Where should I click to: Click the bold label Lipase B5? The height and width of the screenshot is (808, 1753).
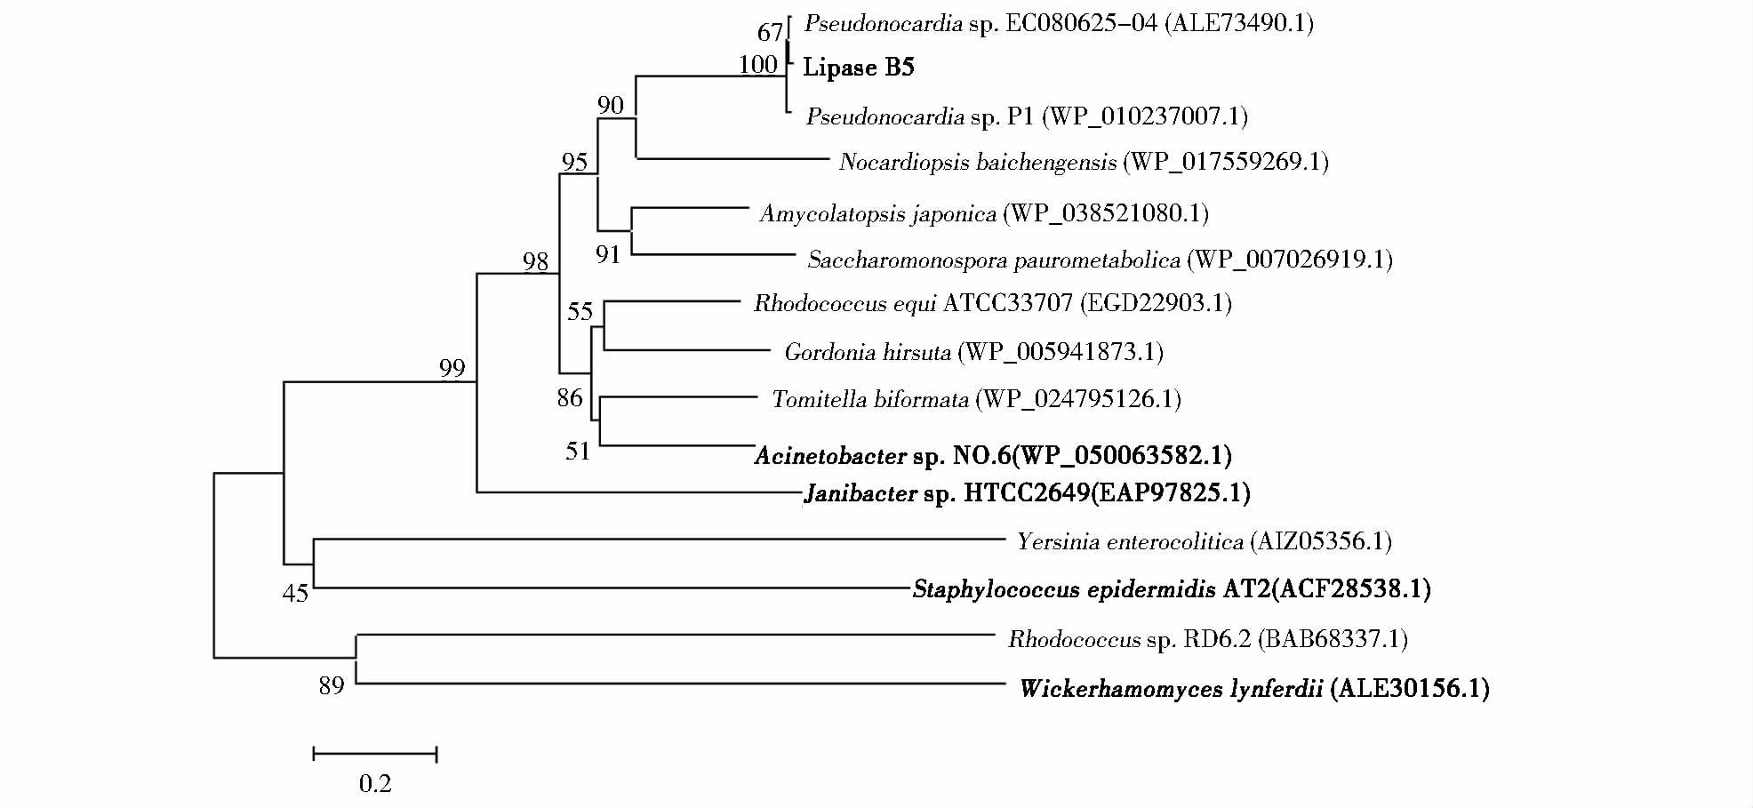click(x=858, y=68)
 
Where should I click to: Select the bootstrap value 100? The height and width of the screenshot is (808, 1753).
click(x=757, y=65)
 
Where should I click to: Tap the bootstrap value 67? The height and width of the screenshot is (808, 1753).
click(x=770, y=33)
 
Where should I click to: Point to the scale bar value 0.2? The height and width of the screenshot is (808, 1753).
click(x=375, y=783)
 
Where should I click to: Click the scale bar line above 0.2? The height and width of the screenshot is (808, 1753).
click(x=375, y=755)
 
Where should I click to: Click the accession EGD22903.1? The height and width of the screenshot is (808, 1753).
click(x=1156, y=303)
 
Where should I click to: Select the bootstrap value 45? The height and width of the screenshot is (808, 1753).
click(x=295, y=593)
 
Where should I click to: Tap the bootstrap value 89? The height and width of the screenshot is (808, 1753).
click(x=332, y=685)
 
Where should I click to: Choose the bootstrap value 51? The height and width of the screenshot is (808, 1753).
click(x=578, y=452)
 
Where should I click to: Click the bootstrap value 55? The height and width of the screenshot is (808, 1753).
click(x=580, y=311)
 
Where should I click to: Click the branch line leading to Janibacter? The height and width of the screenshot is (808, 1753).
click(x=640, y=492)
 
